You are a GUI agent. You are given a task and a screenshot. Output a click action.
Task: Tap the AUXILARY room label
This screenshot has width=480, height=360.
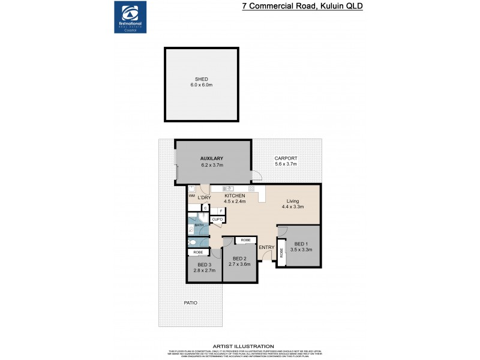pyautogui.click(x=211, y=158)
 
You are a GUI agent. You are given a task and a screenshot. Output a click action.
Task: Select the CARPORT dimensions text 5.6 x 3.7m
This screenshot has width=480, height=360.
pyautogui.click(x=286, y=164)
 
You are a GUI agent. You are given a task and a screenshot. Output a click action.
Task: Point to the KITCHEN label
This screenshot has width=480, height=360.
pyautogui.click(x=235, y=196)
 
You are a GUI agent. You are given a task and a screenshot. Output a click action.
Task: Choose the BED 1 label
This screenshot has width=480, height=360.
pyautogui.click(x=301, y=243)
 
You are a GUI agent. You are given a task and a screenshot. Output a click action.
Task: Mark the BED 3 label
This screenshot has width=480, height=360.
pyautogui.click(x=204, y=265)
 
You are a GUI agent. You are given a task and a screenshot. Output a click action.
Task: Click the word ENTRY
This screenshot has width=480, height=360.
pyautogui.click(x=266, y=247)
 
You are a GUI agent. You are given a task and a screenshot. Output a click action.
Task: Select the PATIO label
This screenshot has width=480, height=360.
pyautogui.click(x=190, y=302)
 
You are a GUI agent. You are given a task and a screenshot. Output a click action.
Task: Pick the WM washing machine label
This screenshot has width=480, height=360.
pyautogui.click(x=191, y=196)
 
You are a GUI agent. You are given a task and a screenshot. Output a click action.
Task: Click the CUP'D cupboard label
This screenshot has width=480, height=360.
pyautogui.click(x=217, y=220)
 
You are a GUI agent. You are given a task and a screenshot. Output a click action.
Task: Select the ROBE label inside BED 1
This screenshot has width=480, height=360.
pyautogui.click(x=281, y=254)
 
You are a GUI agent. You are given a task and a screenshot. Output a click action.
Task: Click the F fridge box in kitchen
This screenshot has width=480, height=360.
pyautogui.click(x=220, y=211)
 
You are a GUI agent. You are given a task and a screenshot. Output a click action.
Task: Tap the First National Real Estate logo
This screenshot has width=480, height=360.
pyautogui.click(x=130, y=17)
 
